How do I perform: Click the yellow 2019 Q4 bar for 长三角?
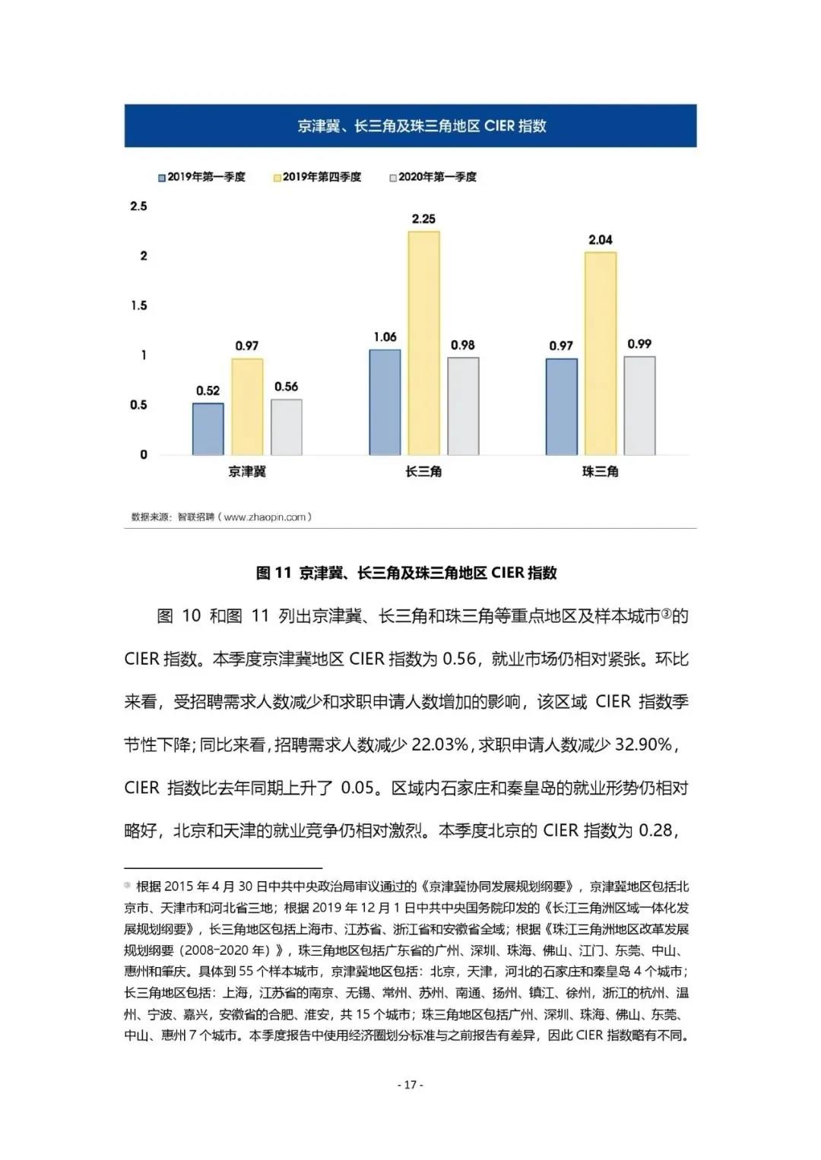(423, 343)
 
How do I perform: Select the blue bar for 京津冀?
(208, 429)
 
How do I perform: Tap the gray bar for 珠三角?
(639, 406)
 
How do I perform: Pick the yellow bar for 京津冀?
(247, 406)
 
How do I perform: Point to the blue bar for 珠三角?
(561, 406)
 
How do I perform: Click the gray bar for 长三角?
(463, 406)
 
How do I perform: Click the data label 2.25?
(423, 219)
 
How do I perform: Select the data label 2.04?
(600, 240)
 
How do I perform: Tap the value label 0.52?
(208, 390)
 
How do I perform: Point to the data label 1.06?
(385, 337)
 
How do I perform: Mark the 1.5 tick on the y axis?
(138, 305)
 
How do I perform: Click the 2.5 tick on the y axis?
(138, 206)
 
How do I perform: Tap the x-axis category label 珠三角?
(600, 472)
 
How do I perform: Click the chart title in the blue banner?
(410, 126)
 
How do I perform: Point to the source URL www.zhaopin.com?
(265, 517)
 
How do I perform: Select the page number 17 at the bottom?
(410, 1085)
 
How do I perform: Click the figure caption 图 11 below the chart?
(407, 573)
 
